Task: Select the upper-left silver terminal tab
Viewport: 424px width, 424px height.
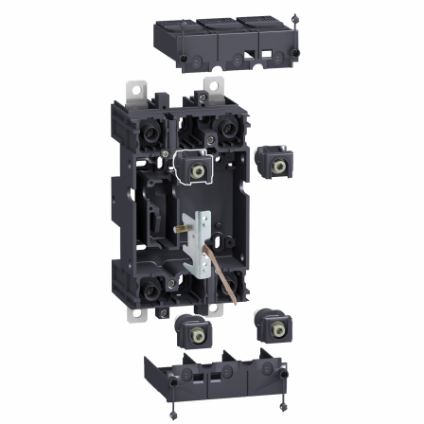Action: point(135,92)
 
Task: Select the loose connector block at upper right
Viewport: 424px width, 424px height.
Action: point(275,164)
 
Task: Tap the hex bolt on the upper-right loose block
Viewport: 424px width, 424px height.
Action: point(277,165)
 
